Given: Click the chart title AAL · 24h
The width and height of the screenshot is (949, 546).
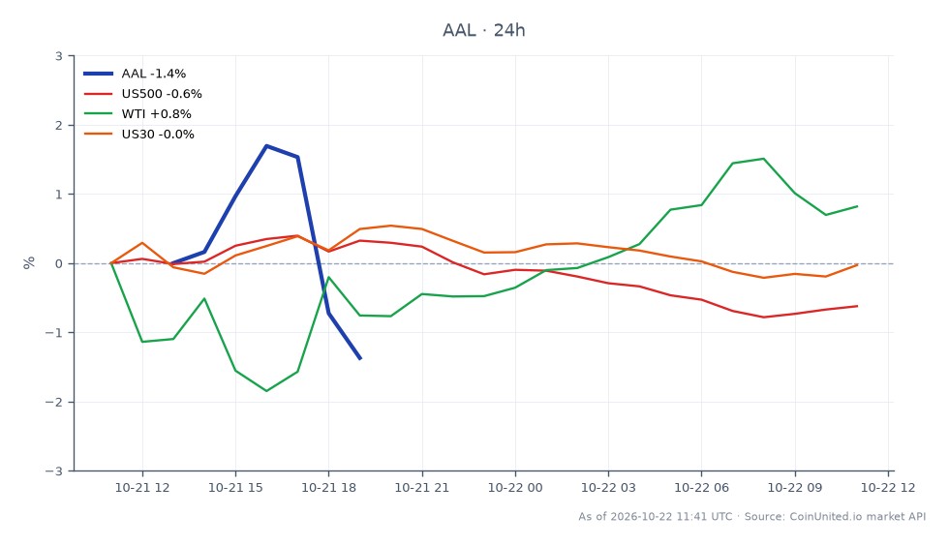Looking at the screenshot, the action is click(483, 30).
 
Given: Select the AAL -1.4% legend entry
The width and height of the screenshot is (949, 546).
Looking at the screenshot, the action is click(135, 74).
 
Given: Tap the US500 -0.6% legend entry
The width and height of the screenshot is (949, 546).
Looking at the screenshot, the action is click(142, 94).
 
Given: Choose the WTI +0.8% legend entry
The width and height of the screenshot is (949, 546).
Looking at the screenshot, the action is click(138, 114).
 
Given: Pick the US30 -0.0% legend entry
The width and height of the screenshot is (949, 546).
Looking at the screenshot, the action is click(138, 135).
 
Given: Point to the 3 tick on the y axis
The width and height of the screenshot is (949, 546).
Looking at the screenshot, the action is click(59, 56).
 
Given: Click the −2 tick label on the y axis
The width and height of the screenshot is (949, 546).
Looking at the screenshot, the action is click(54, 402).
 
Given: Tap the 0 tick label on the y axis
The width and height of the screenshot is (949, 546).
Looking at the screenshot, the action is click(59, 264).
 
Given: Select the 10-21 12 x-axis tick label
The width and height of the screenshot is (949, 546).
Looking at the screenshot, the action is click(142, 487).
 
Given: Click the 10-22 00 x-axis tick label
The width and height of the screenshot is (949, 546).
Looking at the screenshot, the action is click(515, 487).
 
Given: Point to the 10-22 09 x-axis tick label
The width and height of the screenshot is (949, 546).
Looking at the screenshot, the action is click(795, 487).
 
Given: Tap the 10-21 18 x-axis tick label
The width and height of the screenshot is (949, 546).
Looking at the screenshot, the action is click(328, 487).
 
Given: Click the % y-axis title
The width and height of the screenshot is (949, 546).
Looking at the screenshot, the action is click(29, 262).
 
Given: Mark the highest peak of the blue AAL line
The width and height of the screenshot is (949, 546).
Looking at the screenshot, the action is click(266, 146).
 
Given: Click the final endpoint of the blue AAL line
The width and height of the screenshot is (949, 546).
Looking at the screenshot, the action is click(360, 359).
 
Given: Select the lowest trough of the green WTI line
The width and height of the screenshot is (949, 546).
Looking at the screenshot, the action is click(266, 391).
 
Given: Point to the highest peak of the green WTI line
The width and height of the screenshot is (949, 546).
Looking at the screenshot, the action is click(764, 159).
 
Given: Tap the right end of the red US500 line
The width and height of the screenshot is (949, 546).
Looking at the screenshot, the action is click(857, 306).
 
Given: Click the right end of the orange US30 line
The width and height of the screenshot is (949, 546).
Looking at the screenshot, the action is click(857, 265).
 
